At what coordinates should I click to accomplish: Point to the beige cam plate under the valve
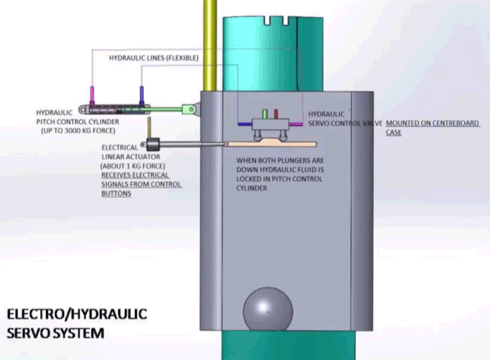click(269, 143)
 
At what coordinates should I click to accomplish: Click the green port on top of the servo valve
click(266, 114)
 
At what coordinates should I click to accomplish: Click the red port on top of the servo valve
click(276, 114)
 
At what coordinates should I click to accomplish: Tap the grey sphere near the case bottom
click(267, 311)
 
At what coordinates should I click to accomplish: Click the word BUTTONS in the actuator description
click(116, 193)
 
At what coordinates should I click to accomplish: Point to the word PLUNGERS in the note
click(292, 160)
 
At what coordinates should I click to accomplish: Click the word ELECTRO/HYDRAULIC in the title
click(77, 314)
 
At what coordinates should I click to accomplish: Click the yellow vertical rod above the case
click(210, 45)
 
